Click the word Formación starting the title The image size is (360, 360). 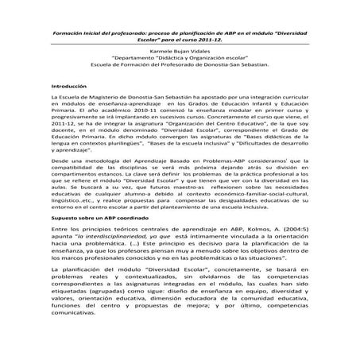pyautogui.click(x=69, y=35)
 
